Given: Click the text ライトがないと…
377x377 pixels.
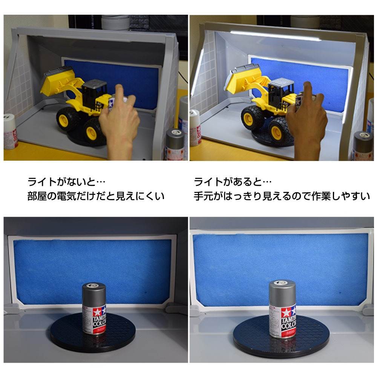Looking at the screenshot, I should tap(66, 182).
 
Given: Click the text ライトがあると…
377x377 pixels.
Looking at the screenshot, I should tap(233, 182).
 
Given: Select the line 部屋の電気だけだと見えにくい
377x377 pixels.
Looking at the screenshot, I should tap(96, 196).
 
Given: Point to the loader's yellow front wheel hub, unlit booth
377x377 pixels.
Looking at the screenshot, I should tap(90, 132).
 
